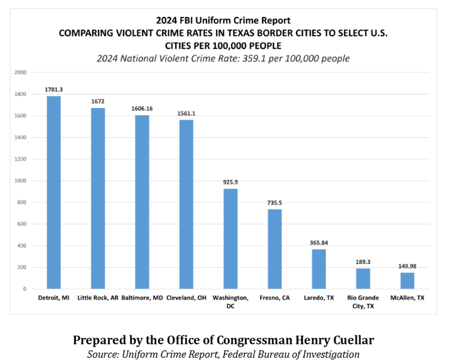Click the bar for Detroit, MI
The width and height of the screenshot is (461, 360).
pyautogui.click(x=53, y=192)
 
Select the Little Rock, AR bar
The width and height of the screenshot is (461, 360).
pyautogui.click(x=98, y=198)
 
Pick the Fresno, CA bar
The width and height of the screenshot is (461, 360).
pyautogui.click(x=274, y=249)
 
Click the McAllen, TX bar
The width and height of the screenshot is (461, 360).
pyautogui.click(x=407, y=280)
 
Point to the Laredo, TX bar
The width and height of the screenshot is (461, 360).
pyautogui.click(x=319, y=269)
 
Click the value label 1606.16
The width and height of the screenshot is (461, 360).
pyautogui.click(x=142, y=109)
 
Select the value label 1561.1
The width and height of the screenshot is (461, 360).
pyautogui.click(x=186, y=113)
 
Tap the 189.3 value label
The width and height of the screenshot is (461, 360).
pyautogui.click(x=363, y=262)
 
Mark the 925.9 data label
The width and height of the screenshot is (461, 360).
pyautogui.click(x=230, y=182)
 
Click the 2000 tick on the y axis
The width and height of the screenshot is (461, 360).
pyautogui.click(x=20, y=73)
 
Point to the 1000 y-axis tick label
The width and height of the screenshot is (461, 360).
pyautogui.click(x=20, y=181)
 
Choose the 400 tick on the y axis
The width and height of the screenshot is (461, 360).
pyautogui.click(x=22, y=245)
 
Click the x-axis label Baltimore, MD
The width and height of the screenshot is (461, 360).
pyautogui.click(x=142, y=298)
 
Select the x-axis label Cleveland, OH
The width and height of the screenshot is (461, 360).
pyautogui.click(x=186, y=298)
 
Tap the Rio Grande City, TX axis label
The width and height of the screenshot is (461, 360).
pyautogui.click(x=363, y=301)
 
